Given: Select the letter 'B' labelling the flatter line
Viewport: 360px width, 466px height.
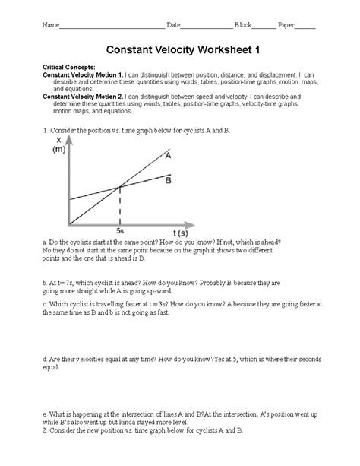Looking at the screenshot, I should [168, 180].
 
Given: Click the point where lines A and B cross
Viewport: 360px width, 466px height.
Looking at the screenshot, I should [119, 187].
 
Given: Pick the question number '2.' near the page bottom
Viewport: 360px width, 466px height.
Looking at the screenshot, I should [46, 430].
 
